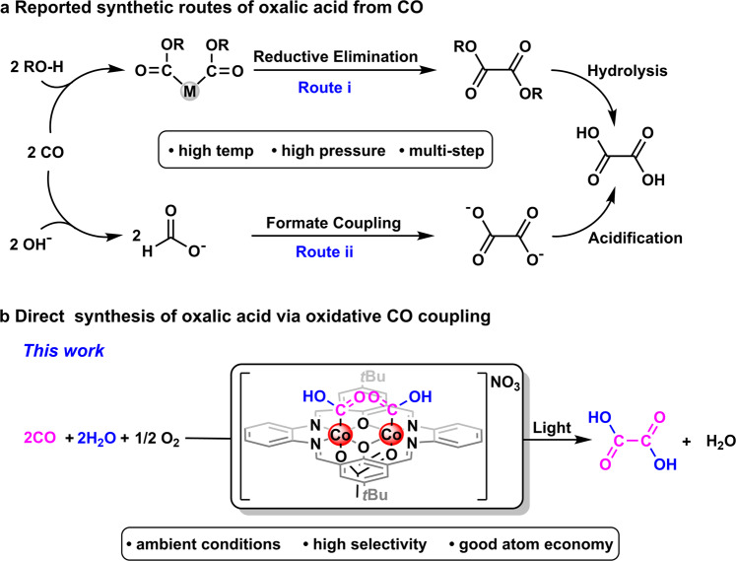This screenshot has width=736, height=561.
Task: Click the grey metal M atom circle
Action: point(189,90)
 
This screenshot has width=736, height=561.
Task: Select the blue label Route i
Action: point(324,88)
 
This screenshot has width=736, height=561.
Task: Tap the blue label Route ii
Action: point(324,251)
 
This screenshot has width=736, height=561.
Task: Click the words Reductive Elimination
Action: point(336,56)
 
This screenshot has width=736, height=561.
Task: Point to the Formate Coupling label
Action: point(333,223)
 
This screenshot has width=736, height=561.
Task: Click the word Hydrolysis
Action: point(628,71)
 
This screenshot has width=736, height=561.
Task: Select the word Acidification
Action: point(636,238)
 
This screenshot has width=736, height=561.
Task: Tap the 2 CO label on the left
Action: point(45,153)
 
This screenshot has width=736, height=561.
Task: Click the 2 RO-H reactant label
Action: point(36,67)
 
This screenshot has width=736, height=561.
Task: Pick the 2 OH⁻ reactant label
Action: point(31,244)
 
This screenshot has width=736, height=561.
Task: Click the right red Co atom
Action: point(390,435)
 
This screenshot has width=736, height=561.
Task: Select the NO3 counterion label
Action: point(505,384)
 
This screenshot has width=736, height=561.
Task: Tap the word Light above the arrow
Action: point(552,428)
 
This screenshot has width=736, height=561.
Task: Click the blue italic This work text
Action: point(64,351)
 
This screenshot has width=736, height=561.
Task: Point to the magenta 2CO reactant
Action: point(39,438)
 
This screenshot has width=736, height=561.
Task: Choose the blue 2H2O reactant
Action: point(97,439)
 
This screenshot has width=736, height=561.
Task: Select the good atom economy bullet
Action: point(531,544)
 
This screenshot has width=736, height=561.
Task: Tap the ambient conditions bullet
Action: point(203,544)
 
